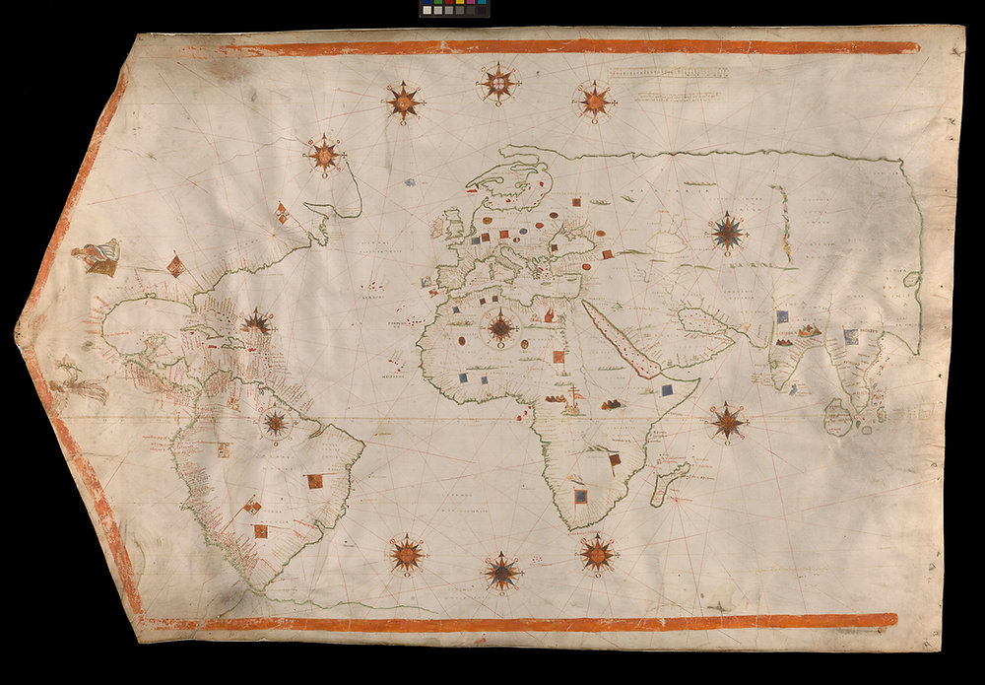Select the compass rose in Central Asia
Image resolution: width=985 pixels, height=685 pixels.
728,232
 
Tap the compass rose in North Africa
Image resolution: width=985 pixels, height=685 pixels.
501,327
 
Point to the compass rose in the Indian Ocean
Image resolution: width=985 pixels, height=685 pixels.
728,421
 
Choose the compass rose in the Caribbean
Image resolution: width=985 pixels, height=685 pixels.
258,321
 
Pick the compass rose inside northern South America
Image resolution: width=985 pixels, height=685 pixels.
276,423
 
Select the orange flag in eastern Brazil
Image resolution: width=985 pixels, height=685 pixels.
314,481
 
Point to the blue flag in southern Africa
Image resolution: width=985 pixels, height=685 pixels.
581,495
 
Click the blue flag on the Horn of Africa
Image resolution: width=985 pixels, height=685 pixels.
667,390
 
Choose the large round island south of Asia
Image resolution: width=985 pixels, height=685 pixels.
838,417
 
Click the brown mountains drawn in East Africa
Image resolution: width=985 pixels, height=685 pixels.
613,403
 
